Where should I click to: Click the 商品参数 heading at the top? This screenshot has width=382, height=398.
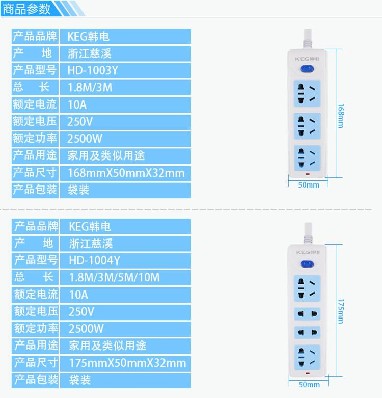pyautogui.click(x=26, y=9)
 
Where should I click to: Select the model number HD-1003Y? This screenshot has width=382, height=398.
pyautogui.click(x=93, y=70)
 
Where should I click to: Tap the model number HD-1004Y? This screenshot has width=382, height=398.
pyautogui.click(x=94, y=260)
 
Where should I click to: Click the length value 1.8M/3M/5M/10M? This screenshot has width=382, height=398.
pyautogui.click(x=115, y=277)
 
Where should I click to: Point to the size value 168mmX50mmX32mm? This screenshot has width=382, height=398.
pyautogui.click(x=126, y=173)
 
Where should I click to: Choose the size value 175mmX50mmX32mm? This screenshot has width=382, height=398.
pyautogui.click(x=127, y=363)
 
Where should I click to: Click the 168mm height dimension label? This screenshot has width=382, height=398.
pyautogui.click(x=341, y=116)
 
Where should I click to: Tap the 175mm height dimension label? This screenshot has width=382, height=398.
pyautogui.click(x=341, y=311)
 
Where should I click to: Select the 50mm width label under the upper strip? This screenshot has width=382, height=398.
pyautogui.click(x=309, y=185)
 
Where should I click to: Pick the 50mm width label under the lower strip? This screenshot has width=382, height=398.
pyautogui.click(x=309, y=385)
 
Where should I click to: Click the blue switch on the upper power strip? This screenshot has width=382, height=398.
pyautogui.click(x=307, y=69)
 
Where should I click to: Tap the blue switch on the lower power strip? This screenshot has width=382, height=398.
pyautogui.click(x=307, y=264)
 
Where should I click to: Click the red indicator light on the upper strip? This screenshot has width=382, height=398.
pyautogui.click(x=308, y=174)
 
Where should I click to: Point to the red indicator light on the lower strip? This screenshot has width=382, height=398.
pyautogui.click(x=308, y=373)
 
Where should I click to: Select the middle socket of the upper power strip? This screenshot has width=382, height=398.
pyautogui.click(x=307, y=126)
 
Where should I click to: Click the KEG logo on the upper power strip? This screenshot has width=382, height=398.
pyautogui.click(x=307, y=59)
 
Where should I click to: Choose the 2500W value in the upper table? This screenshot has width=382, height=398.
pyautogui.click(x=85, y=139)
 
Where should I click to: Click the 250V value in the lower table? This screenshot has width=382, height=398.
pyautogui.click(x=81, y=312)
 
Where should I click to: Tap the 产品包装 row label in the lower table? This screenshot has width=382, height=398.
pyautogui.click(x=36, y=380)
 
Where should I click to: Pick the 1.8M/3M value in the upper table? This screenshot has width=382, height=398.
pyautogui.click(x=90, y=87)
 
